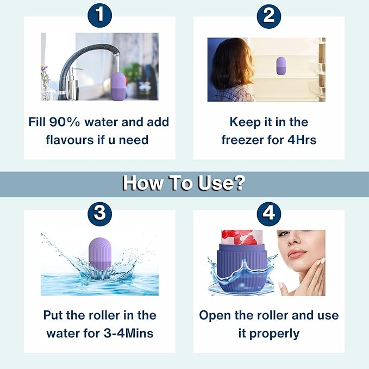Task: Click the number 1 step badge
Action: (99, 15)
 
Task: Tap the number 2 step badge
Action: (269, 16)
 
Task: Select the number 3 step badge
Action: (100, 214)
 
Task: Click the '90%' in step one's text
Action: (65, 122)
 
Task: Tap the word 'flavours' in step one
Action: (70, 140)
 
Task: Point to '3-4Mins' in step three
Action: (128, 333)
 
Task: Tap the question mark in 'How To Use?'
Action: (240, 183)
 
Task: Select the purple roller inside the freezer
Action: (280, 66)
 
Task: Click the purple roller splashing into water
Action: (100, 254)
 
